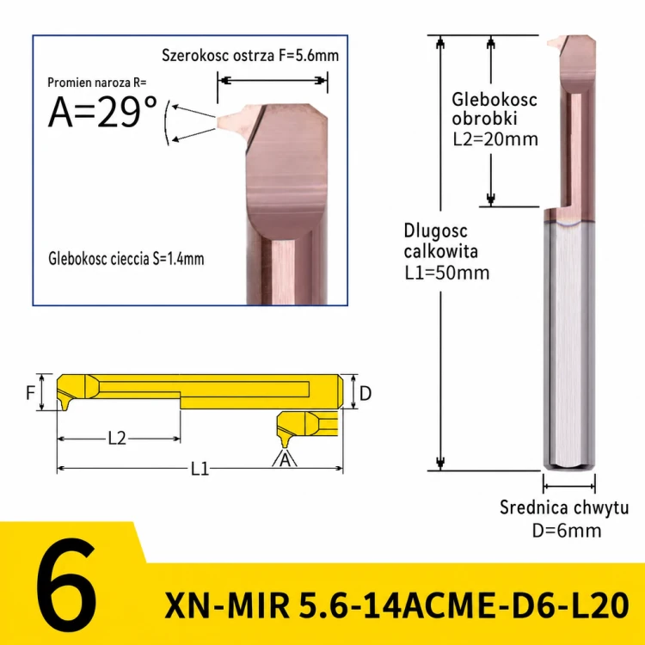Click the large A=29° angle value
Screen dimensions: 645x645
click(102, 112)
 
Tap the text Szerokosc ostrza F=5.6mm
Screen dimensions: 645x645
click(250, 55)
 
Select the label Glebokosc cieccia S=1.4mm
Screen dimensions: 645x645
click(126, 259)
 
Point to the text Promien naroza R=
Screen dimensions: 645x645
click(96, 83)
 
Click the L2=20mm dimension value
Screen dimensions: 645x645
click(495, 139)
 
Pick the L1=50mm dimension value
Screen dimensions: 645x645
click(446, 273)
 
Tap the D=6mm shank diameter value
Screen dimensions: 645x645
click(567, 531)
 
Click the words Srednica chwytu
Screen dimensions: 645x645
click(564, 507)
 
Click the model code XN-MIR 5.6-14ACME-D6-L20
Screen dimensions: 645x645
click(396, 605)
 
